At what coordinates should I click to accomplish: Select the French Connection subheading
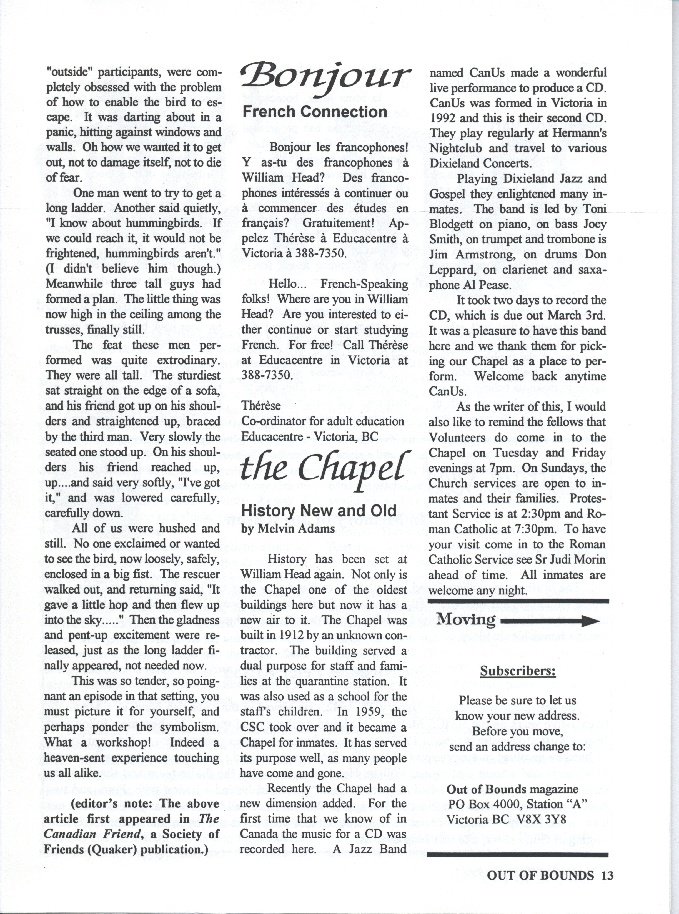pos(315,112)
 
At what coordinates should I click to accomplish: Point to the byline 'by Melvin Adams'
pos(288,529)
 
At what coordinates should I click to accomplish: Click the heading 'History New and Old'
pos(319,511)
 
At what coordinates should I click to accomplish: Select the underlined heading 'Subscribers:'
pos(518,671)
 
